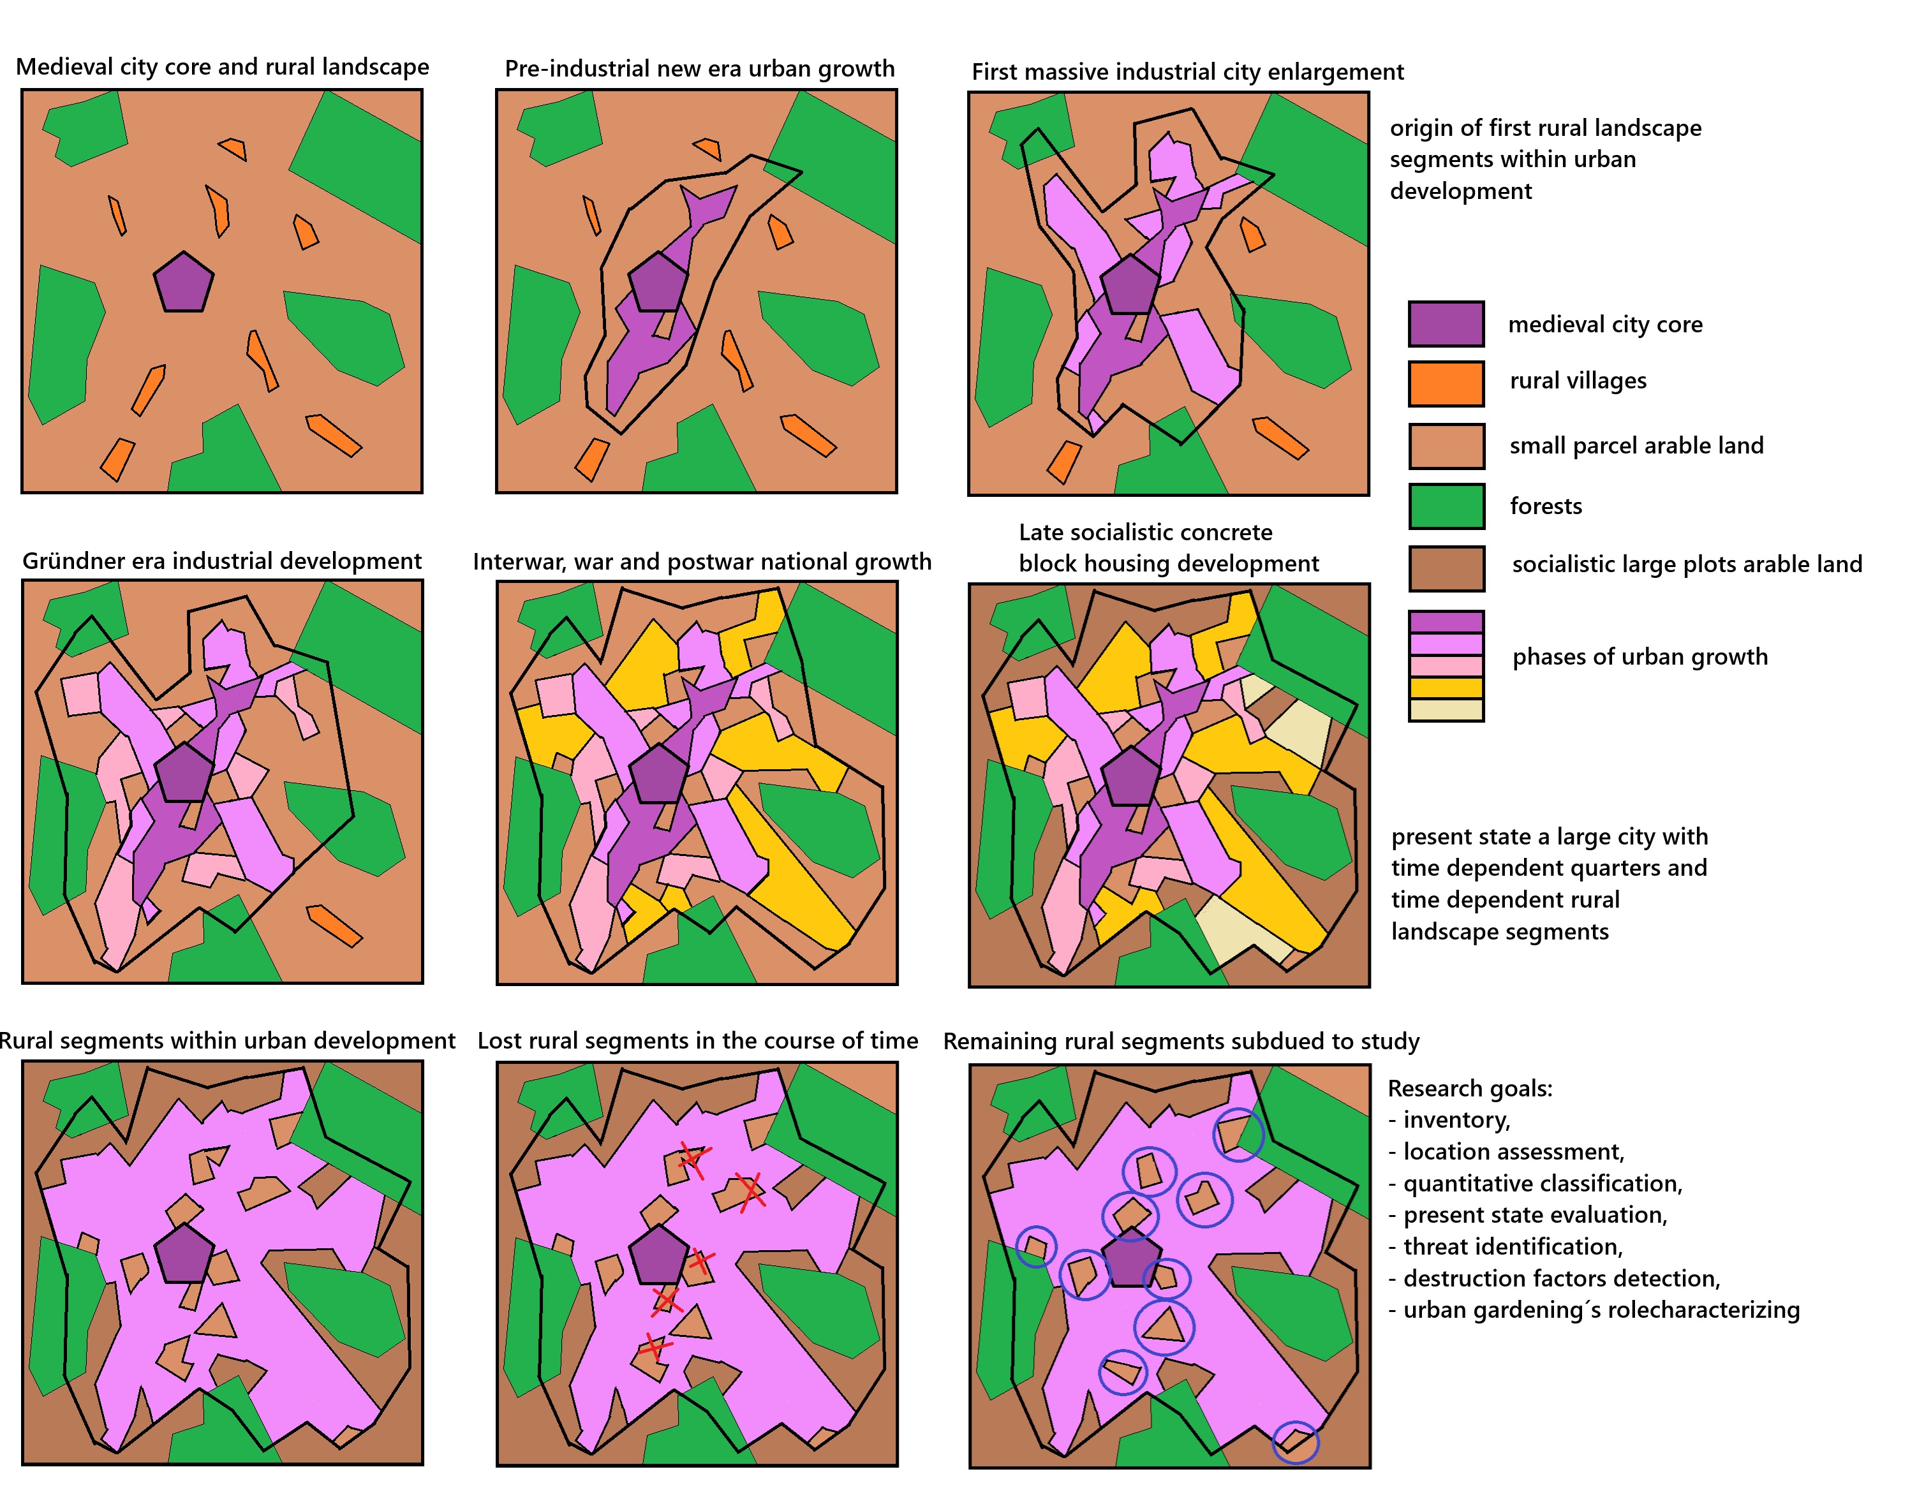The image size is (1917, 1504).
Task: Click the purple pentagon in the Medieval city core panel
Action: click(x=183, y=283)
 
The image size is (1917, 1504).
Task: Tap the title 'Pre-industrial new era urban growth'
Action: click(x=699, y=69)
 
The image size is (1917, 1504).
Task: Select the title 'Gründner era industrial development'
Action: click(x=222, y=561)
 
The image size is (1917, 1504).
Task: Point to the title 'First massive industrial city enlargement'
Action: click(x=1187, y=71)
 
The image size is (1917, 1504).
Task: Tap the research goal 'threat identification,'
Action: click(x=1512, y=1247)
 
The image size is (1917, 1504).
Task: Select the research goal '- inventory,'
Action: click(x=1449, y=1120)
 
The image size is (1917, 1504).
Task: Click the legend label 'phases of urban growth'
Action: click(x=1639, y=657)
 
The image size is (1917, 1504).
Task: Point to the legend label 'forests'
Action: click(x=1545, y=506)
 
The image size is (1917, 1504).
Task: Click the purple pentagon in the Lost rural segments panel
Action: click(x=658, y=1254)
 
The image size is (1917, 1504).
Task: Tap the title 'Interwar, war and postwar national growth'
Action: click(x=702, y=562)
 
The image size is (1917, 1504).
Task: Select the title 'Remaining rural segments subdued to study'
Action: click(x=1181, y=1041)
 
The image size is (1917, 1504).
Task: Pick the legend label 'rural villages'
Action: click(x=1577, y=380)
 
